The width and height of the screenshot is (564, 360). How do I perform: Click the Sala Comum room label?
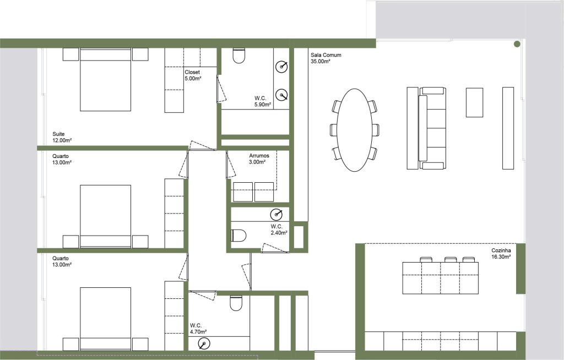pyautogui.click(x=326, y=55)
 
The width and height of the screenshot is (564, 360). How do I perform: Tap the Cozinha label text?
pyautogui.click(x=501, y=250)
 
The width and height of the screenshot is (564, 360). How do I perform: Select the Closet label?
pyautogui.click(x=192, y=72)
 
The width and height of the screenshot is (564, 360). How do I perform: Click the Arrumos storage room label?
pyautogui.click(x=259, y=156)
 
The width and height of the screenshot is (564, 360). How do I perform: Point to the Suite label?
pyautogui.click(x=58, y=134)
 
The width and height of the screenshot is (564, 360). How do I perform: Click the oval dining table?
pyautogui.click(x=354, y=129)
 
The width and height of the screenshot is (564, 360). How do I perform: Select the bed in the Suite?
pyautogui.click(x=105, y=79)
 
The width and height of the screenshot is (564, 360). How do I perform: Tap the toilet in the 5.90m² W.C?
pyautogui.click(x=239, y=56)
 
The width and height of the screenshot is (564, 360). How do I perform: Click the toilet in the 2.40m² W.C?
pyautogui.click(x=238, y=236)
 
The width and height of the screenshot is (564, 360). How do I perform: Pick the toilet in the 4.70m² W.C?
pyautogui.click(x=236, y=303)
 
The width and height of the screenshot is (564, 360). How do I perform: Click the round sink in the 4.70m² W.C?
pyautogui.click(x=204, y=344)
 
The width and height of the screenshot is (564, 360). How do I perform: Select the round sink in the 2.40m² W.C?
pyautogui.click(x=276, y=214)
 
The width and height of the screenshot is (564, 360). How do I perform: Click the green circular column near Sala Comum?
pyautogui.click(x=517, y=44)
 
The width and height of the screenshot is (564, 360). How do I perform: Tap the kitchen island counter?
pyautogui.click(x=441, y=278)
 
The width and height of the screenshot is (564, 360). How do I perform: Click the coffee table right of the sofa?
pyautogui.click(x=474, y=102)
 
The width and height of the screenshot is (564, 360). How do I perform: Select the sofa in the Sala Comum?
pyautogui.click(x=432, y=128)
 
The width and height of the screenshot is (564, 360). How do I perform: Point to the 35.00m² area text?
pyautogui.click(x=321, y=62)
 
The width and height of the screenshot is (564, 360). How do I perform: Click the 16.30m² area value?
pyautogui.click(x=501, y=257)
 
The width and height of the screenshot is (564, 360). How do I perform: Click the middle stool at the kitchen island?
pyautogui.click(x=451, y=259)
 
